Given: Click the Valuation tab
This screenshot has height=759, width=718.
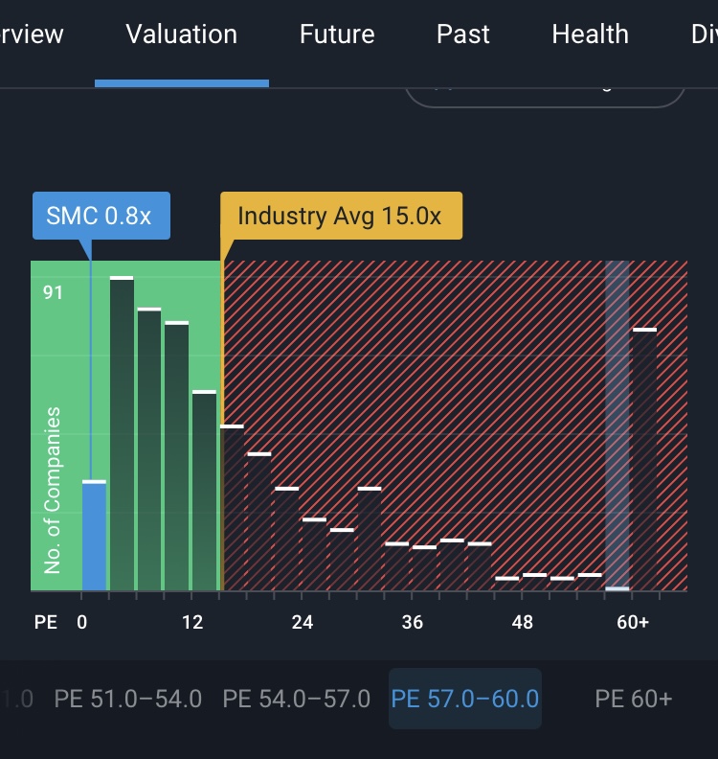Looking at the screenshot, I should pyautogui.click(x=182, y=34).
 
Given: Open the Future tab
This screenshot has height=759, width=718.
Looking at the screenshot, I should pyautogui.click(x=337, y=34).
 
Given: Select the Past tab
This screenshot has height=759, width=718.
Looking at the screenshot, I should pyautogui.click(x=463, y=34).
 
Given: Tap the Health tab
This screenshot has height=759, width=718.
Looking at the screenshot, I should pyautogui.click(x=590, y=34).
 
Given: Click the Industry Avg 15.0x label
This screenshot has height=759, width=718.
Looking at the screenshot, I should pyautogui.click(x=340, y=216).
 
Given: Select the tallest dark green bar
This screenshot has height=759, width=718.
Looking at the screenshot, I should pyautogui.click(x=122, y=433).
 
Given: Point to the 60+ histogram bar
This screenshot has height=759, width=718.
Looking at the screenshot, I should pyautogui.click(x=644, y=460).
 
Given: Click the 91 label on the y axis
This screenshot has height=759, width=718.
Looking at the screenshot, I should pyautogui.click(x=53, y=292).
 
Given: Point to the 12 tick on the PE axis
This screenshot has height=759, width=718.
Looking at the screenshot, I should pyautogui.click(x=192, y=622).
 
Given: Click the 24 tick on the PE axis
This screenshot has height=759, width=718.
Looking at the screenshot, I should pyautogui.click(x=303, y=622).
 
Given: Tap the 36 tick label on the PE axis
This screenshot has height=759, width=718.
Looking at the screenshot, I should pyautogui.click(x=413, y=622).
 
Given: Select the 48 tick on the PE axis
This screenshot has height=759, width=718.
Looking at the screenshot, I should pyautogui.click(x=523, y=622).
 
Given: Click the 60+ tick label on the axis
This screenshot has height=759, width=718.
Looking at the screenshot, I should pyautogui.click(x=633, y=622).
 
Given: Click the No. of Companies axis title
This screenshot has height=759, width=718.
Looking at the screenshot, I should pyautogui.click(x=53, y=491).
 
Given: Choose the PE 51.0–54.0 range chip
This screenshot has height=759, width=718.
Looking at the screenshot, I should pyautogui.click(x=128, y=699).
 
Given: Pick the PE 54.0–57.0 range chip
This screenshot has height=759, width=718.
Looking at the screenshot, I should pyautogui.click(x=297, y=699).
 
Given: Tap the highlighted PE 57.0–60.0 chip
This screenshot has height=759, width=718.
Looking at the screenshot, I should pyautogui.click(x=465, y=699).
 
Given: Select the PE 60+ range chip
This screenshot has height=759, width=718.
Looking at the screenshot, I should pyautogui.click(x=634, y=699).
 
